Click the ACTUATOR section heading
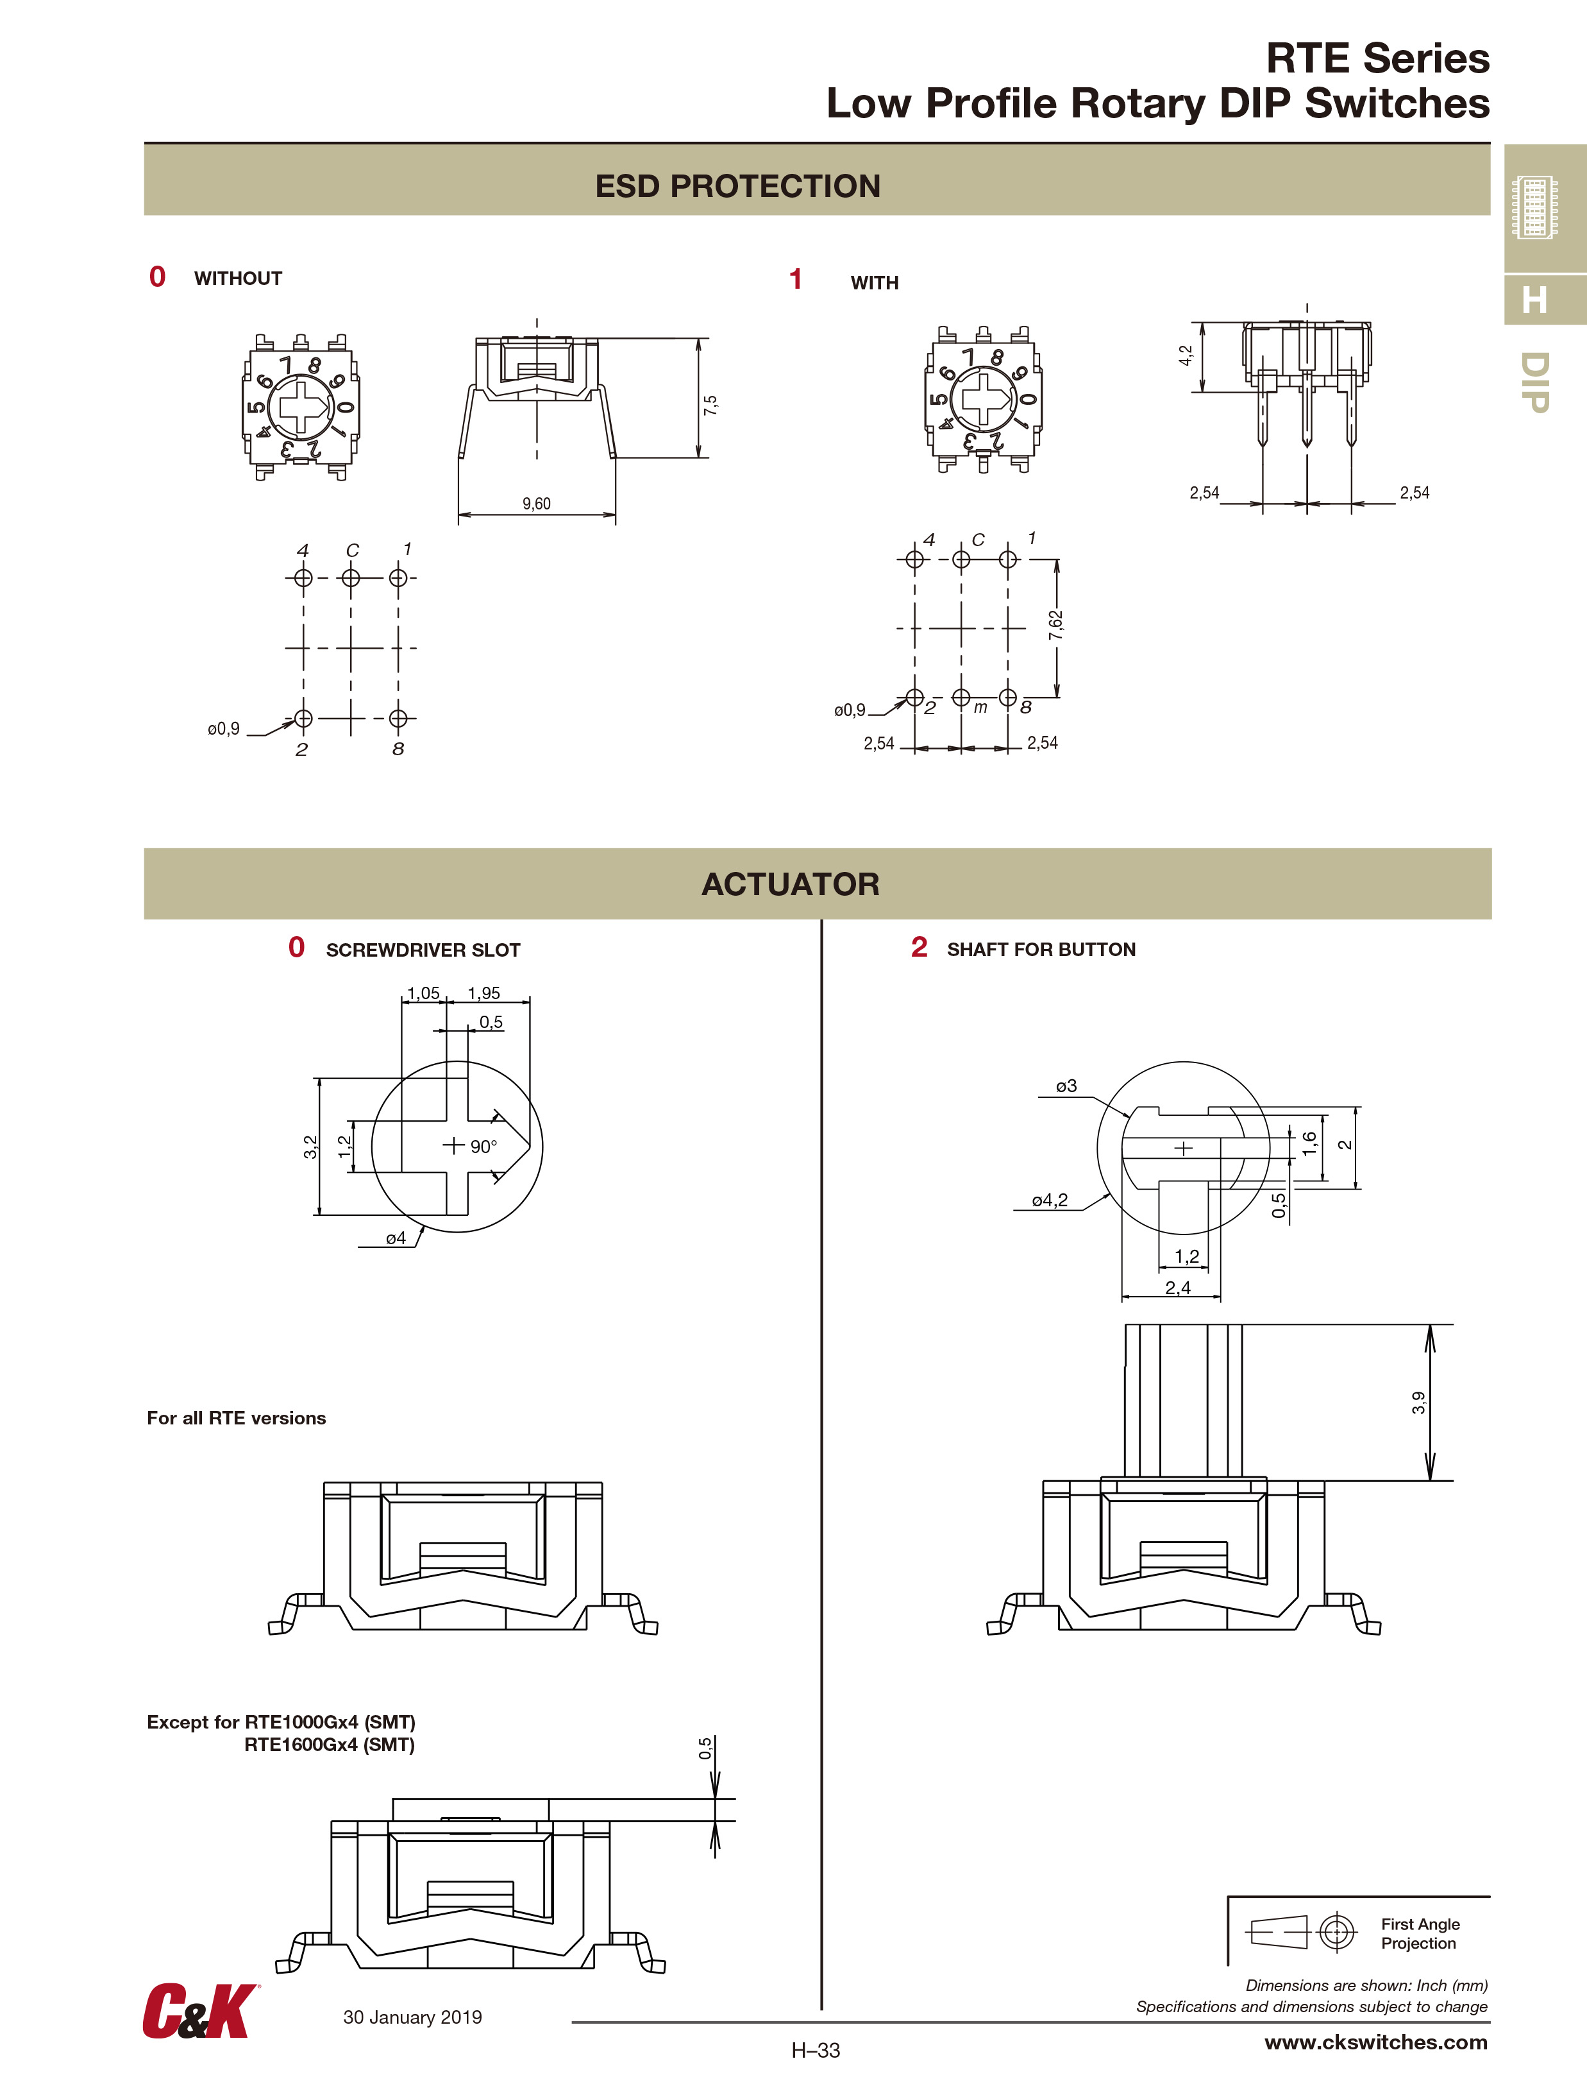click(x=790, y=884)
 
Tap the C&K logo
click(x=199, y=2011)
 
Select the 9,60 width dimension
click(x=536, y=504)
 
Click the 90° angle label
click(x=483, y=1147)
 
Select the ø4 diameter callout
click(x=396, y=1238)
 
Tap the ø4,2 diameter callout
click(x=1049, y=1200)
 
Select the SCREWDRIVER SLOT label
click(x=423, y=950)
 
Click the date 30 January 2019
click(x=412, y=2017)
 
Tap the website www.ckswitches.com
click(x=1375, y=2042)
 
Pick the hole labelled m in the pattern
click(x=961, y=697)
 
